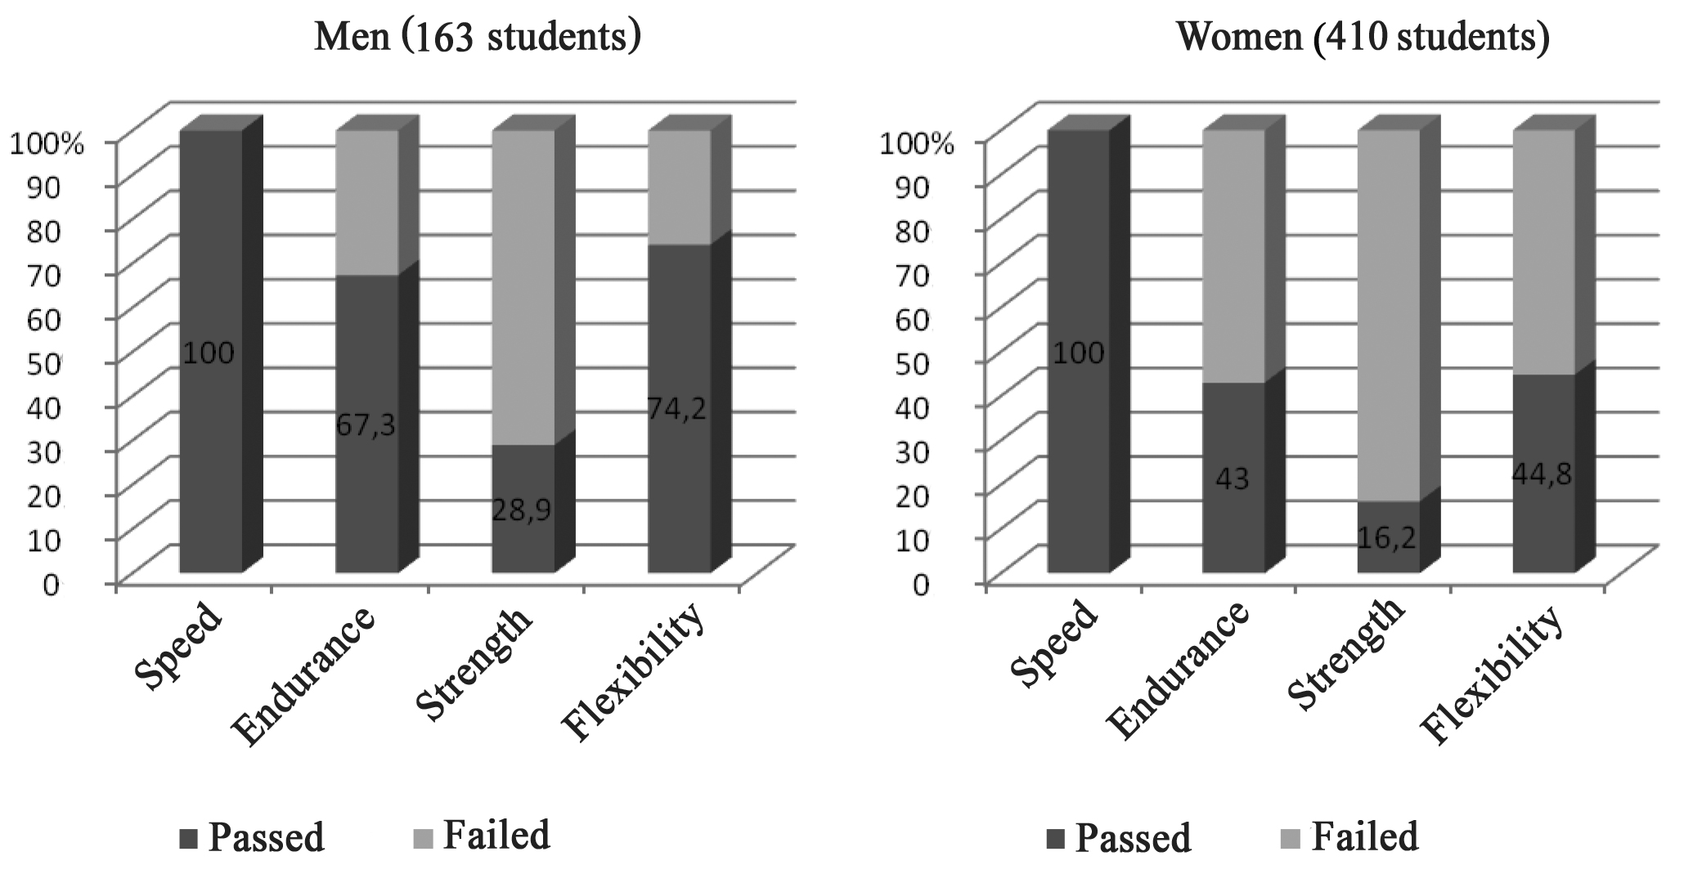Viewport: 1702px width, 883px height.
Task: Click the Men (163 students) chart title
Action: [x=477, y=38]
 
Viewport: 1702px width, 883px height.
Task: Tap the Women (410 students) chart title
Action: [x=1363, y=38]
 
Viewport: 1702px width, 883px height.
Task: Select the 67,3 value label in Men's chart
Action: [x=366, y=425]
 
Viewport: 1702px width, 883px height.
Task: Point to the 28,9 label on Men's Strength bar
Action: [x=522, y=510]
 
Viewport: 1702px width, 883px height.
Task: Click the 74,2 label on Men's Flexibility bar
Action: [x=677, y=408]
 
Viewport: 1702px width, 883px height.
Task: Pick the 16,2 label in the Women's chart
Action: [x=1387, y=536]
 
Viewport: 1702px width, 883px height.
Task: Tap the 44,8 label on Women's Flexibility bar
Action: [x=1543, y=474]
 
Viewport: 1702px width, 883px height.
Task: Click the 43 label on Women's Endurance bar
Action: [x=1233, y=478]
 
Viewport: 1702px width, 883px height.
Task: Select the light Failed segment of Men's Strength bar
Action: [x=523, y=286]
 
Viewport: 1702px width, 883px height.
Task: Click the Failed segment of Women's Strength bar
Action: [x=1388, y=315]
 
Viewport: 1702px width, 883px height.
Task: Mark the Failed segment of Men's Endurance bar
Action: [x=367, y=202]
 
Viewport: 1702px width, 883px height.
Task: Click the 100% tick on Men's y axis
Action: [x=46, y=144]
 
